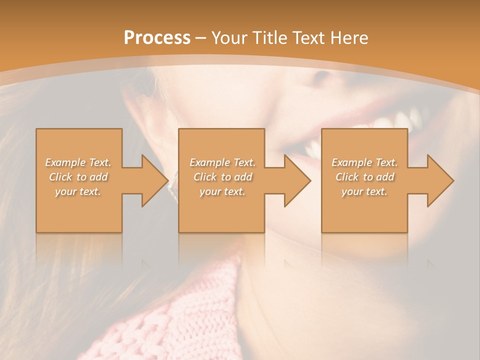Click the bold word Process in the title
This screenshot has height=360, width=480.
157,38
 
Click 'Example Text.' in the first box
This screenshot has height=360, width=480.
78,162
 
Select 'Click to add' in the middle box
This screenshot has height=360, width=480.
222,177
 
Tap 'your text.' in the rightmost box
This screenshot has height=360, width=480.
364,191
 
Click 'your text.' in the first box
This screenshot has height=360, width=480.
78,191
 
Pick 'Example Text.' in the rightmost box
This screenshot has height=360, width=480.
364,162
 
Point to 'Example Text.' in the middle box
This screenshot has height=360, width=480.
222,162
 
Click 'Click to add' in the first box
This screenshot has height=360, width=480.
78,177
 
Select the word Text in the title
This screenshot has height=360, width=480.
309,38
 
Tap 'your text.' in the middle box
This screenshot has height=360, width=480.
222,191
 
